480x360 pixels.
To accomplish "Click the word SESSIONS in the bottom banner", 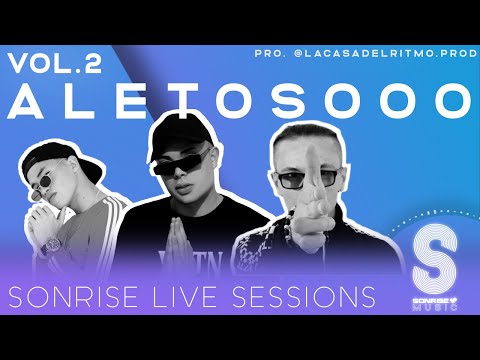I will coord(300,297).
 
